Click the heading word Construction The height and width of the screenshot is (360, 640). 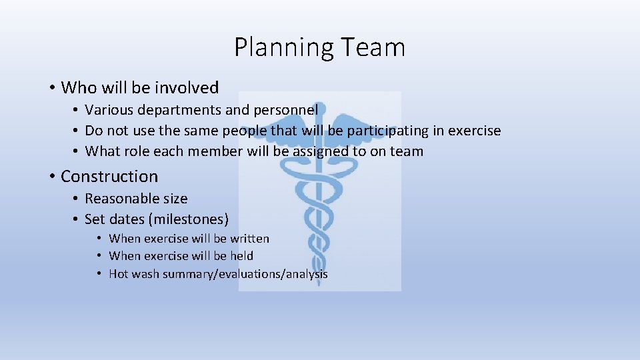point(109,177)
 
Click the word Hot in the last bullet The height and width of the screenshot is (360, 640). point(119,274)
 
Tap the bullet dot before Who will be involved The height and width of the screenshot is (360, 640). point(51,88)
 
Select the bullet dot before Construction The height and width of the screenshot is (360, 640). point(51,177)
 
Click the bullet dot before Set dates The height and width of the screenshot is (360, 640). point(76,219)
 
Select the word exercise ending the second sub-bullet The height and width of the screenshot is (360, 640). point(474,131)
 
